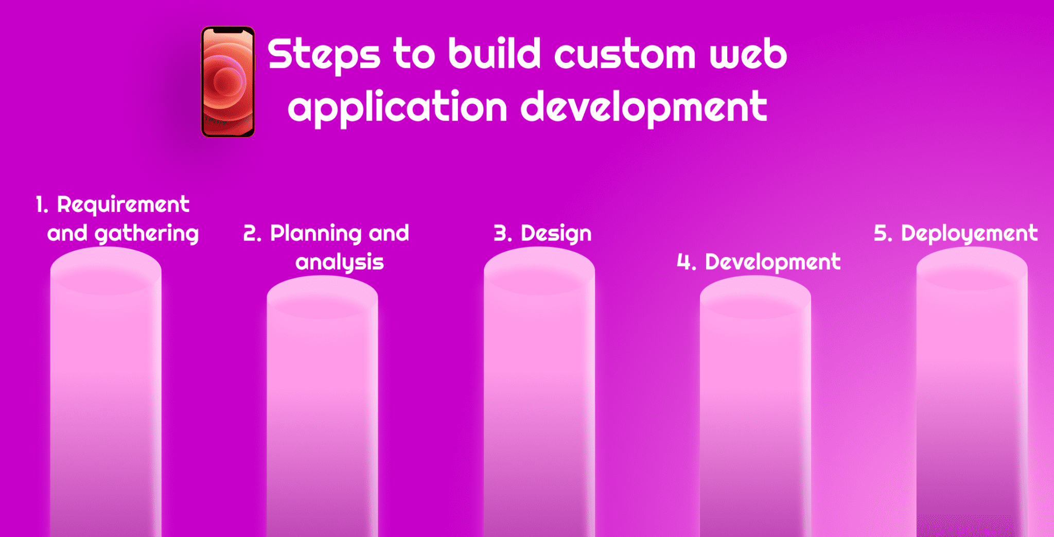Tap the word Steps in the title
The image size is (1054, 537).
click(x=324, y=55)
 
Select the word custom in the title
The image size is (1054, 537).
click(x=624, y=55)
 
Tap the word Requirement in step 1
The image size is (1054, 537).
click(x=123, y=205)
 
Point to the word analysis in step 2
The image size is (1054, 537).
click(x=340, y=263)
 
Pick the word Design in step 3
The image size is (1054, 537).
click(x=556, y=234)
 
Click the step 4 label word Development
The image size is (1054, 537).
click(x=772, y=262)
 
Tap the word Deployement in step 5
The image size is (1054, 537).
click(x=969, y=234)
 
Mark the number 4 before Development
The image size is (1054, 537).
click(x=684, y=262)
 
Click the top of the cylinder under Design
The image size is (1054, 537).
click(x=539, y=270)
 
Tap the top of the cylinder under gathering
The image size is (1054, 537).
click(x=106, y=270)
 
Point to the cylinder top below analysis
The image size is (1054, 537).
click(x=322, y=299)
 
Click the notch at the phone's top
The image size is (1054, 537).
click(x=228, y=31)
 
